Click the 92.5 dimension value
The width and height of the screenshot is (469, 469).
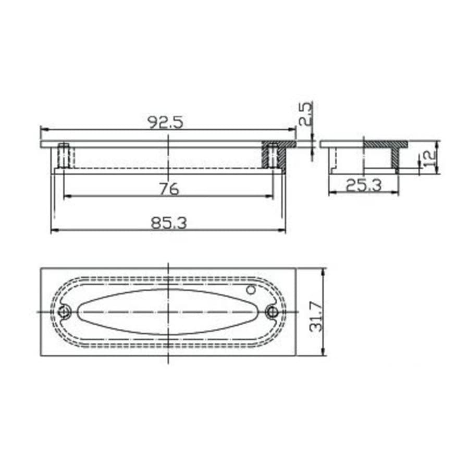166,122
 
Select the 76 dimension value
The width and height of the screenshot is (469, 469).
168,189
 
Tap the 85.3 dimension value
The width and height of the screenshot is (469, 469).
168,223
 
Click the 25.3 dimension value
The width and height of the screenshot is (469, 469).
363,184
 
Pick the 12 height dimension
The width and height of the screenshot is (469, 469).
429,156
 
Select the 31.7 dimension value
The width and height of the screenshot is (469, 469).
316,318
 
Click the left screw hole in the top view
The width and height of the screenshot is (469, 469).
65,312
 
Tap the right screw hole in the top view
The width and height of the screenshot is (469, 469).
271,312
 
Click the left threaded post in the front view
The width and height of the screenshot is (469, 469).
64,155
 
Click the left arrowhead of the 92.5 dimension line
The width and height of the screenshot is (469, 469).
43,129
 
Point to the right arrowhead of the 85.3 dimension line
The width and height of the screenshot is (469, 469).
283,230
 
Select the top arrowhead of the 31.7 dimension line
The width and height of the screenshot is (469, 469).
324,270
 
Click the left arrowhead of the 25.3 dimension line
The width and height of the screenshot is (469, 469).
331,192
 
